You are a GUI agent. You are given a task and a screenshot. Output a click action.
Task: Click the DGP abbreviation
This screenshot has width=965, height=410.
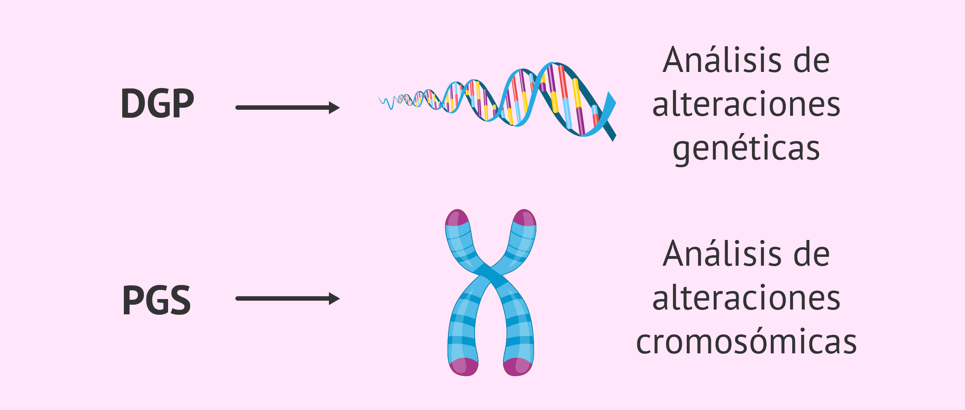click(157, 104)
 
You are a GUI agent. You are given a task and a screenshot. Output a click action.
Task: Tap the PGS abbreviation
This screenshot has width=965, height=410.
click(156, 300)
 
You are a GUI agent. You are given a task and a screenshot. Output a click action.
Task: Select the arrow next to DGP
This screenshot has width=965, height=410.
click(287, 108)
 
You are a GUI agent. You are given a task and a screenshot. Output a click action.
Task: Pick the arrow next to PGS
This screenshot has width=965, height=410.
click(287, 299)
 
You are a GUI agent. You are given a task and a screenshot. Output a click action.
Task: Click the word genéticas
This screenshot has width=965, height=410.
click(746, 149)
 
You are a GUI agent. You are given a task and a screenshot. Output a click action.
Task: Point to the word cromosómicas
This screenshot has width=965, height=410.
click(746, 342)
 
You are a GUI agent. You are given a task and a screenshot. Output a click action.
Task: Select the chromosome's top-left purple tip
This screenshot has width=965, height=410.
click(457, 217)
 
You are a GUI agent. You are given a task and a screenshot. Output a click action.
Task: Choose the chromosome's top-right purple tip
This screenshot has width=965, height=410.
click(524, 217)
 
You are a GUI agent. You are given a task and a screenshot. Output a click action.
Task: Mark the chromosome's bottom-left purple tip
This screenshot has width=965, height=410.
click(463, 367)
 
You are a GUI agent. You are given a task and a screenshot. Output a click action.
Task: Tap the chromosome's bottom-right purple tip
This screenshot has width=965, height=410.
click(518, 367)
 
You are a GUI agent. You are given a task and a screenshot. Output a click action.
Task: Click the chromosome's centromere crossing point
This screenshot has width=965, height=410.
click(490, 274)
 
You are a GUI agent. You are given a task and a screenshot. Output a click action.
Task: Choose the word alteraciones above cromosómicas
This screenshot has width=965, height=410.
click(746, 298)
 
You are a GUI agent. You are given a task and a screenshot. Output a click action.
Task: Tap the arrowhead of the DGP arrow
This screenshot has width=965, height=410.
click(334, 108)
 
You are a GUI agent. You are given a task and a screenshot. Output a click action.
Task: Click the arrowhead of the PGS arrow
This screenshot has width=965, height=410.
click(334, 299)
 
